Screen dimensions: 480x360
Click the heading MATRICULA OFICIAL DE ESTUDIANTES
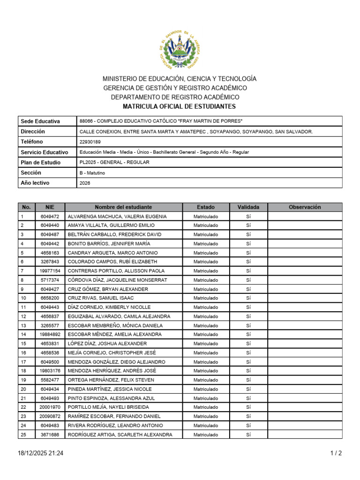[179, 107]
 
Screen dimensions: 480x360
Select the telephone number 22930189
[90, 142]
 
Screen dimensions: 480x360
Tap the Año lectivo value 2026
[85, 183]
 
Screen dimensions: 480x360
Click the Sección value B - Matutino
[92, 173]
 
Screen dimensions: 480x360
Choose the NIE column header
[50, 207]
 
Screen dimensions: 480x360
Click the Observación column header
[305, 207]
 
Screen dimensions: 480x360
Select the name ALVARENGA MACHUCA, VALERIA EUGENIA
[117, 217]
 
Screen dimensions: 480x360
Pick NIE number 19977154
[50, 271]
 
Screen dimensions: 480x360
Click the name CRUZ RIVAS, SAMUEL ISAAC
[101, 298]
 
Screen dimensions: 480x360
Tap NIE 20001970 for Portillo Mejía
[50, 407]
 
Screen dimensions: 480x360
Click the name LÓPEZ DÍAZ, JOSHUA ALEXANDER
[107, 344]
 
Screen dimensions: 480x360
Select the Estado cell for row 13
[206, 325]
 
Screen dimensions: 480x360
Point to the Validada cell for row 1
[248, 217]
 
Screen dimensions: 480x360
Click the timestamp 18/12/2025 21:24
[40, 453]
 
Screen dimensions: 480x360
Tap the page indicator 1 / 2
[336, 453]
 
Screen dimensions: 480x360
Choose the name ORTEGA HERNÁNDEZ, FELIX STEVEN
[111, 380]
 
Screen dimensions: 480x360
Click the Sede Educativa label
[40, 121]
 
